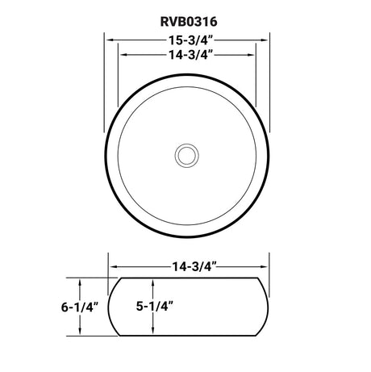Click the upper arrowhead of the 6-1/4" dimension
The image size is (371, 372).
pos(81,280)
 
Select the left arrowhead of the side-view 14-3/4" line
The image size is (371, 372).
pos(111,265)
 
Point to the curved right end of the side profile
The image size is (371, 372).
pos(268,307)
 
